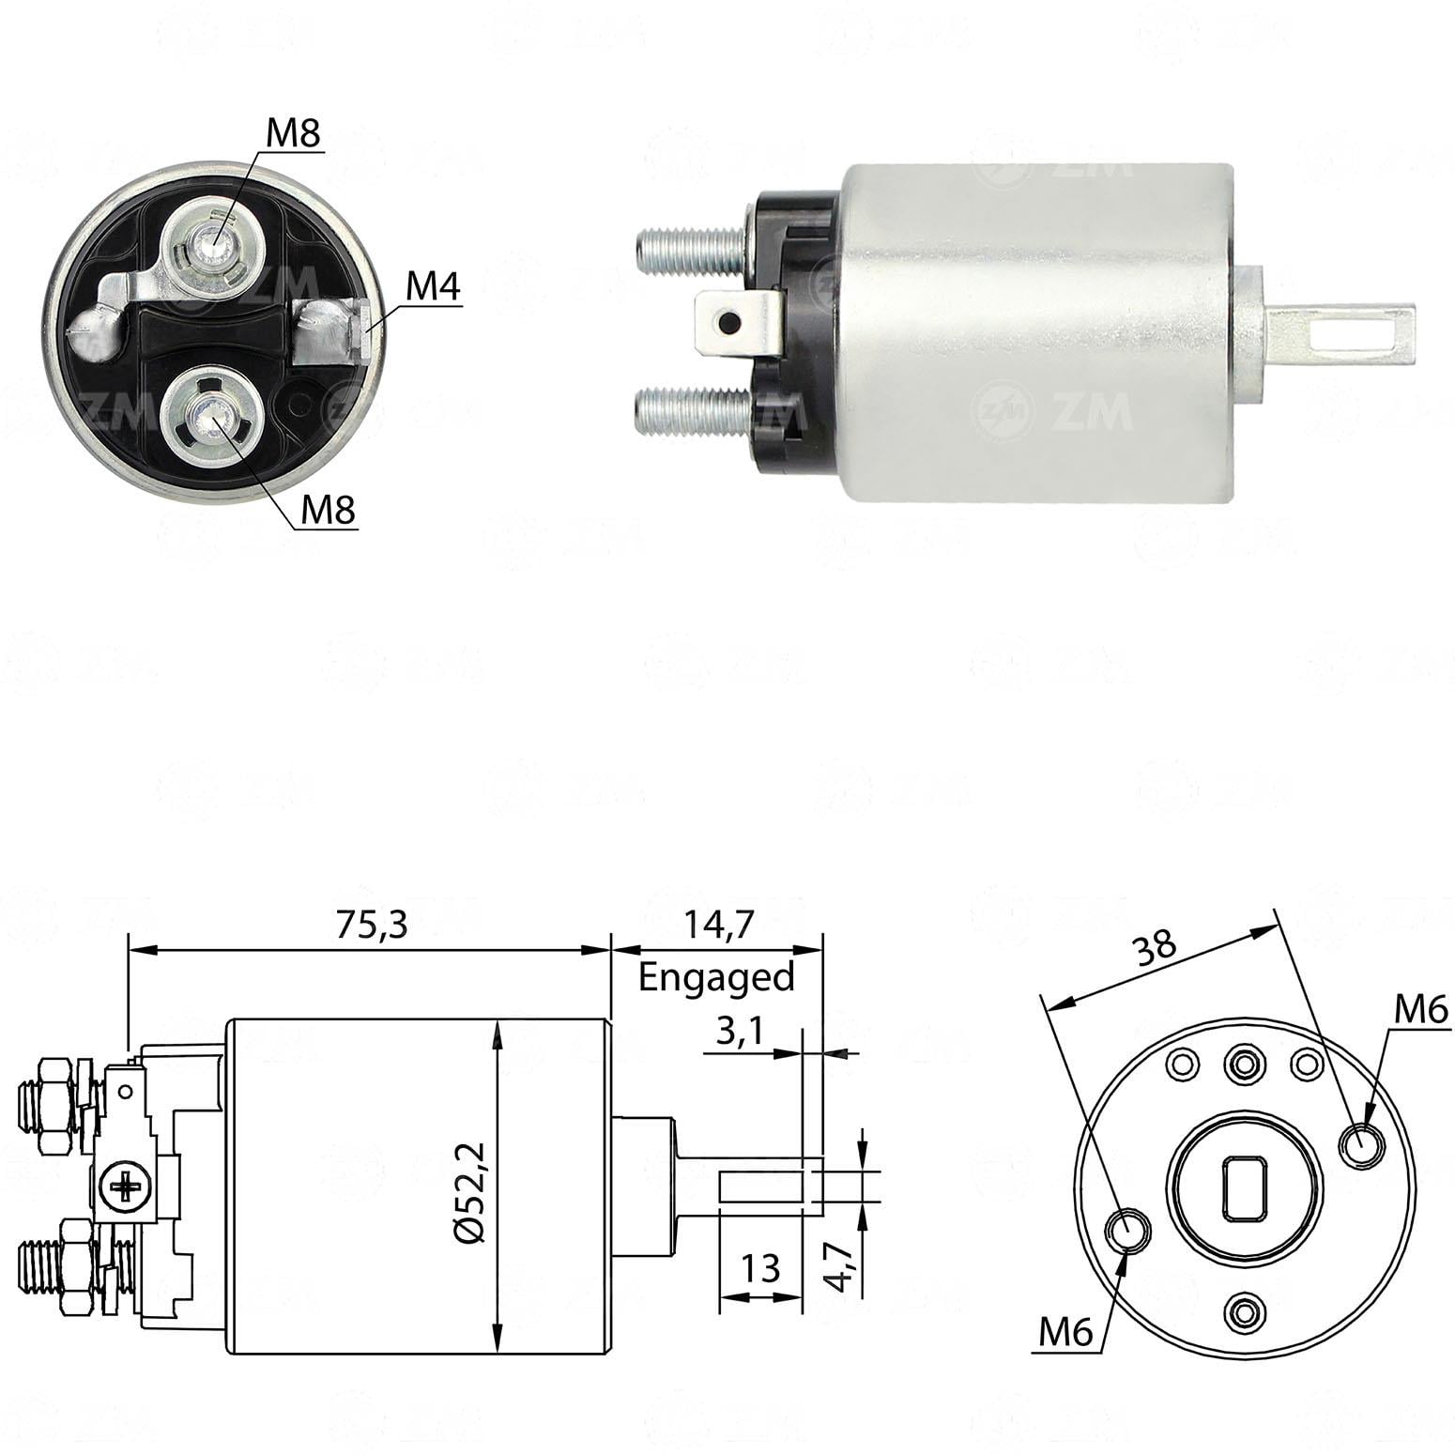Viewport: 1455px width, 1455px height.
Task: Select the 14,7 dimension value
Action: click(x=715, y=926)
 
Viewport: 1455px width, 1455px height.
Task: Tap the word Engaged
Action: click(x=716, y=978)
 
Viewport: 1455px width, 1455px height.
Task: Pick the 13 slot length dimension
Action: click(x=759, y=1268)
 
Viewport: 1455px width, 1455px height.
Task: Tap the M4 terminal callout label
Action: click(x=433, y=288)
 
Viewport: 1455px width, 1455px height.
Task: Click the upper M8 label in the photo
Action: click(x=294, y=134)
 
